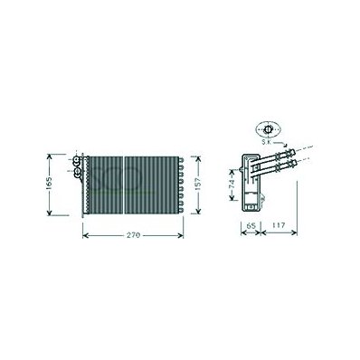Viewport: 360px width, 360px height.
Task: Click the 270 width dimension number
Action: point(133,235)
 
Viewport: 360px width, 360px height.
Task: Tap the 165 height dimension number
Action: point(50,184)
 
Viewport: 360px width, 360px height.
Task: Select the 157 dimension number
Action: point(198,183)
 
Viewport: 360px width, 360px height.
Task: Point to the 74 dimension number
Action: point(232,184)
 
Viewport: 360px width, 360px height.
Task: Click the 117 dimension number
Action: point(279,225)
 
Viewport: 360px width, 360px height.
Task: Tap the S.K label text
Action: point(266,142)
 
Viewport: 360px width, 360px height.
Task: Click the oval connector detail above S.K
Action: point(268,129)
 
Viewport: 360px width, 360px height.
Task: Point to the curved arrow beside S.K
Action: point(281,144)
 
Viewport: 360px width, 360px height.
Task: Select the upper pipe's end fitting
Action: point(289,153)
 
